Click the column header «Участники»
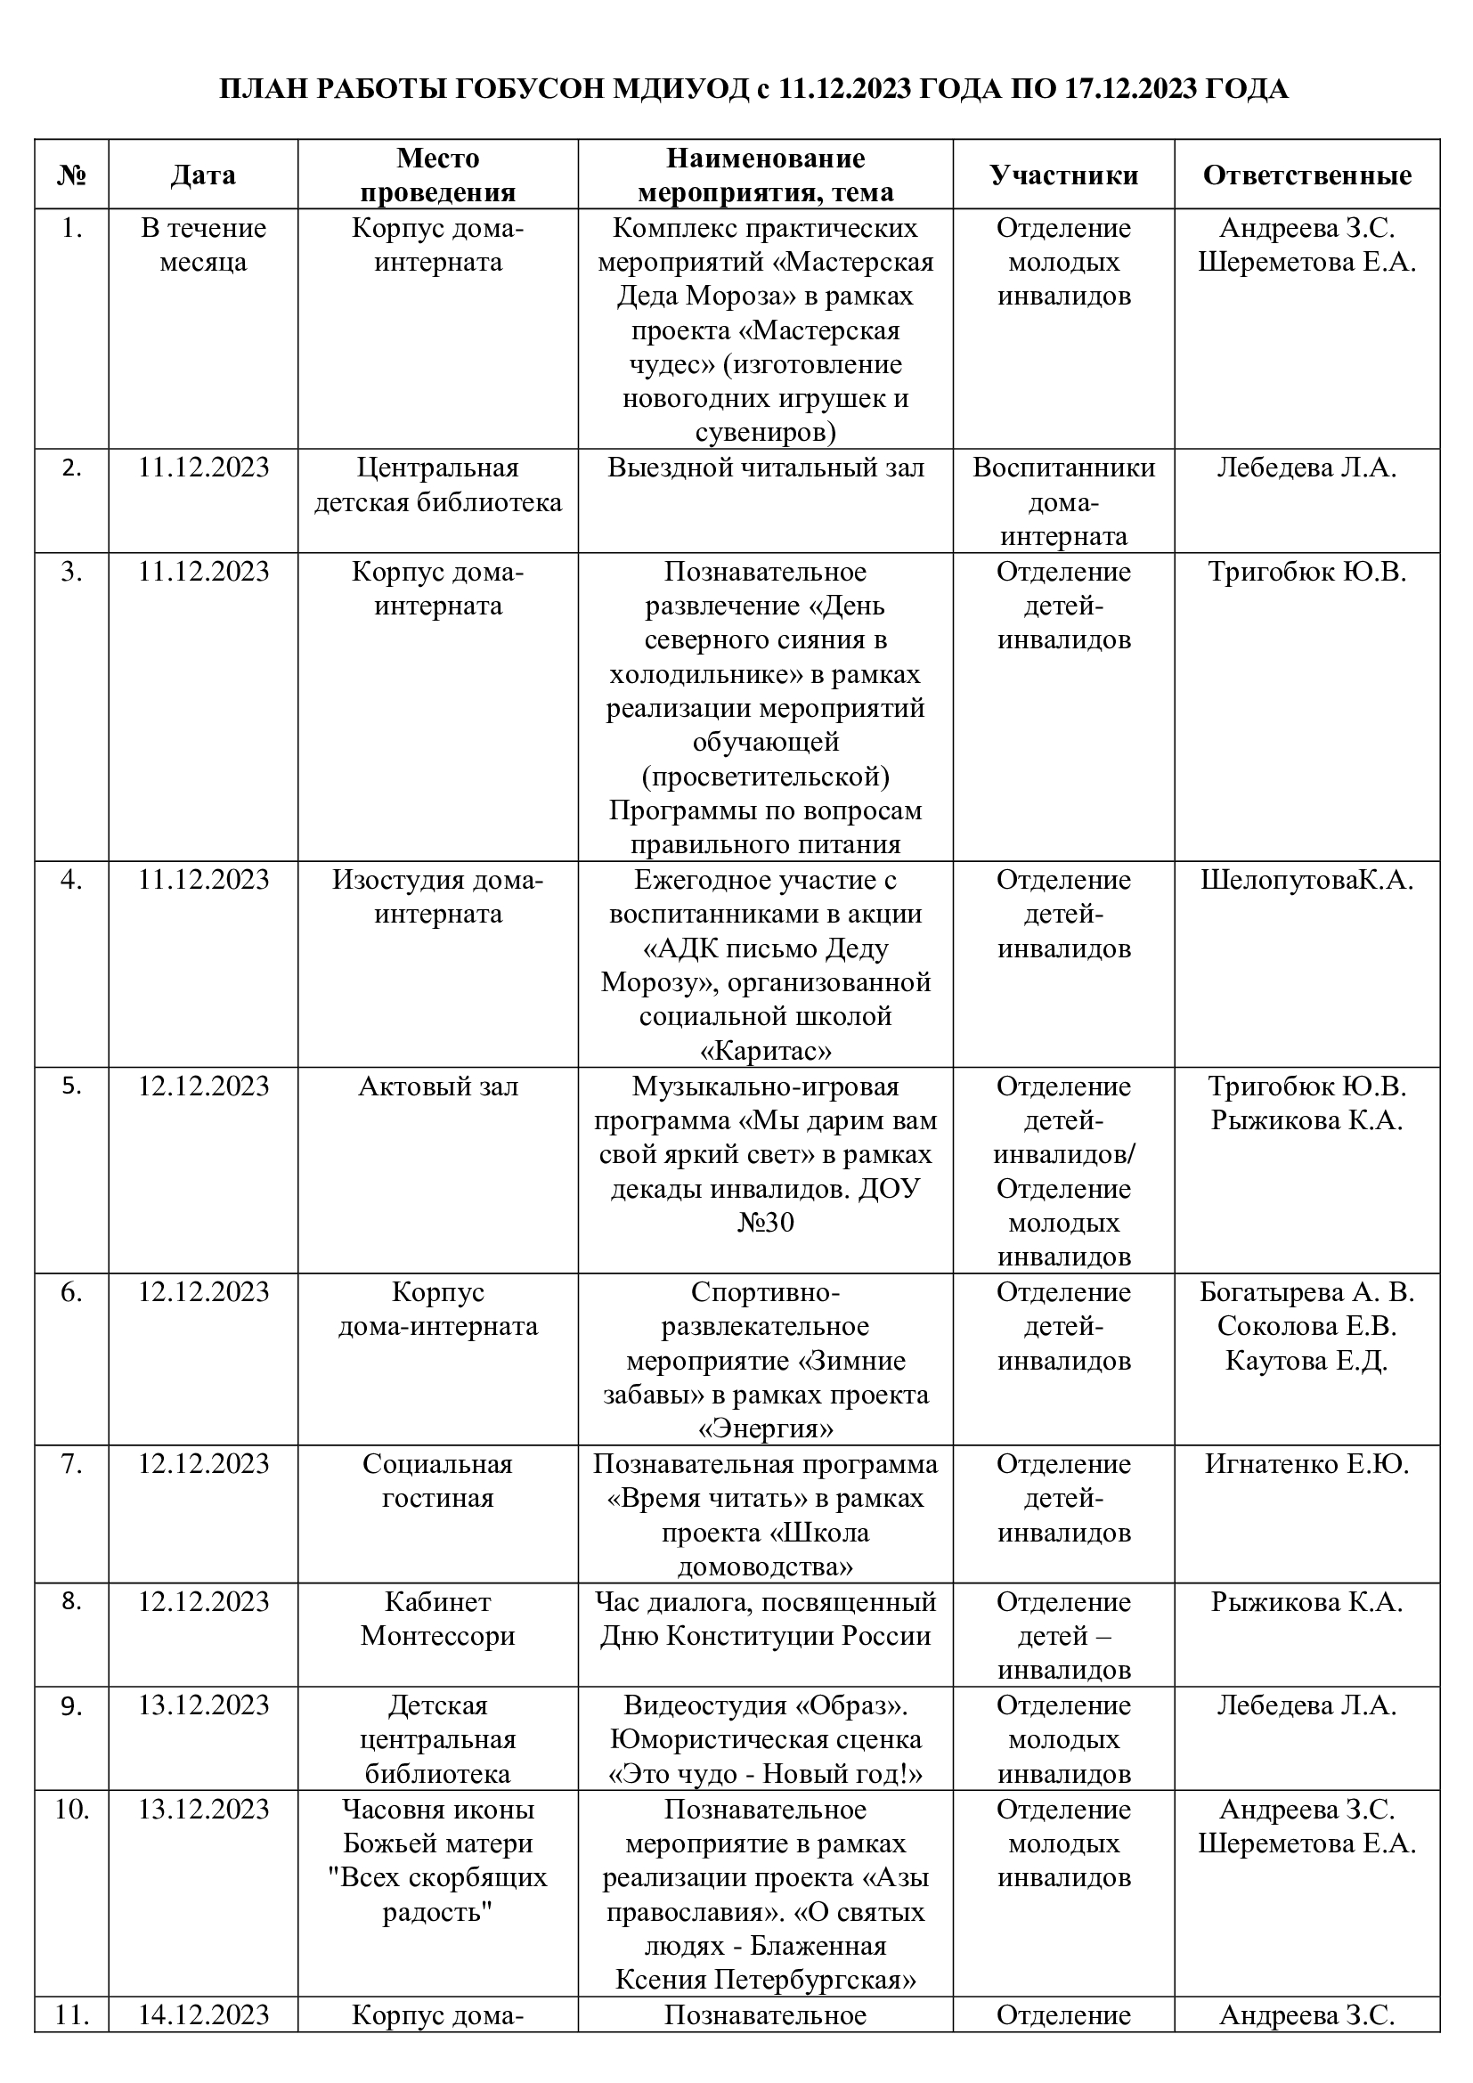point(1063,175)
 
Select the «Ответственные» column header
point(1306,175)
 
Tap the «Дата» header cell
point(203,175)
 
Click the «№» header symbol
point(71,175)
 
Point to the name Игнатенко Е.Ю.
point(1306,1463)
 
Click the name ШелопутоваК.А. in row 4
point(1306,880)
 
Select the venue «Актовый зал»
point(438,1086)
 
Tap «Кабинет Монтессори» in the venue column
point(438,1618)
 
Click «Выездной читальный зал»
point(766,468)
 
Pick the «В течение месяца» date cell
point(203,245)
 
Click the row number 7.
point(71,1463)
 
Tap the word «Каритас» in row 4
point(766,1052)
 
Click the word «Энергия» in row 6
point(766,1430)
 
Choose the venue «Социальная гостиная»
point(438,1481)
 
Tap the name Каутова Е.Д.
point(1306,1361)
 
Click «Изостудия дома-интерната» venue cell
point(438,897)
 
